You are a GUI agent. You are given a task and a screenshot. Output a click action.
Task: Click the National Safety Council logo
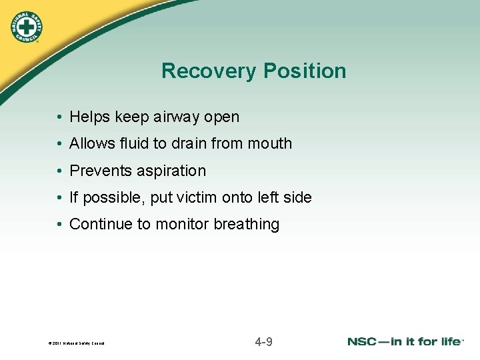point(26,27)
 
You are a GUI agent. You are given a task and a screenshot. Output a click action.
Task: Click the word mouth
point(271,143)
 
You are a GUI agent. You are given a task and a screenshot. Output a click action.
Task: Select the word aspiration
point(171,171)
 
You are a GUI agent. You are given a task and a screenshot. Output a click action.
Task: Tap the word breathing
point(246,225)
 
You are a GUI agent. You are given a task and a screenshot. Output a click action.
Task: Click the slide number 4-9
point(263,343)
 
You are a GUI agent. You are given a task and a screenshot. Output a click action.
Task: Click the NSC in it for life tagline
point(405,342)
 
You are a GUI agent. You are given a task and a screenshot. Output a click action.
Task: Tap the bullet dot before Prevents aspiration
point(60,171)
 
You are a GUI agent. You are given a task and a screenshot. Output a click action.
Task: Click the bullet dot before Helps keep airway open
point(60,117)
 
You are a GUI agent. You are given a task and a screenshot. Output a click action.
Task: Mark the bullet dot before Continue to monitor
point(60,225)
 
